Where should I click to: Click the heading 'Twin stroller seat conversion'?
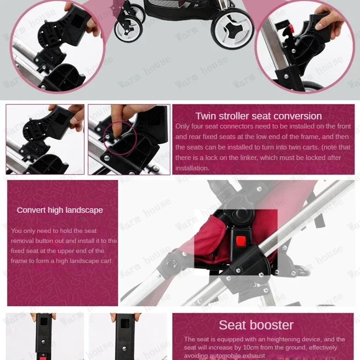(x=258, y=116)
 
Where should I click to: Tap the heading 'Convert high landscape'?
(x=60, y=210)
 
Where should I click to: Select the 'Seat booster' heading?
(x=256, y=325)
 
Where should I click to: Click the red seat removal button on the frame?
(x=241, y=241)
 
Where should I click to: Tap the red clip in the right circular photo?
(x=291, y=28)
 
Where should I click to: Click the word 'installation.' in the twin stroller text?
(x=192, y=168)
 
